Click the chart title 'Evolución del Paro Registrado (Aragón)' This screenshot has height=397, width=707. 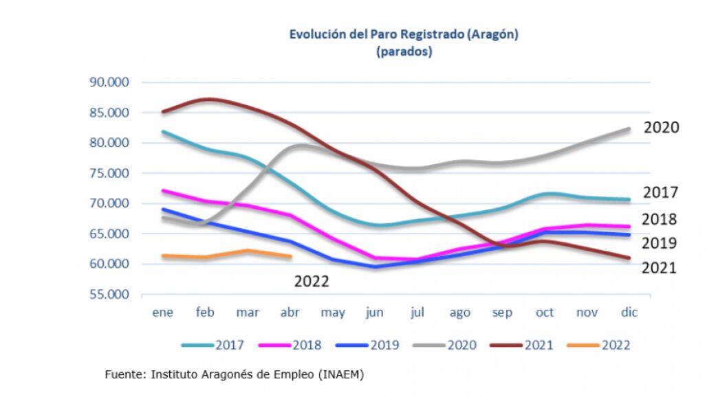click(x=403, y=34)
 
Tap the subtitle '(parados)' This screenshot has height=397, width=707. click(x=404, y=52)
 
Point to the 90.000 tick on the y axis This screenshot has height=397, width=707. click(x=110, y=82)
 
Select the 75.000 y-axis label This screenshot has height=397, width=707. click(x=110, y=173)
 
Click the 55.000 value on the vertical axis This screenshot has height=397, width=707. click(x=110, y=294)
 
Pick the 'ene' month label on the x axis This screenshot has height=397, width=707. click(x=162, y=313)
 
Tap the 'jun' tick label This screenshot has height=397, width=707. click(x=375, y=313)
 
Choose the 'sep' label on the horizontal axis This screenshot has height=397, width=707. click(x=502, y=313)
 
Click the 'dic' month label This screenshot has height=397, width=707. click(x=629, y=313)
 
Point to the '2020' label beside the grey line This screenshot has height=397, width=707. click(x=662, y=128)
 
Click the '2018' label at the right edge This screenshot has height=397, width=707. click(x=660, y=220)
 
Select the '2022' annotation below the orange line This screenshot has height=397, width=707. click(x=312, y=282)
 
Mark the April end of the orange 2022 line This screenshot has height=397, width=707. click(x=290, y=257)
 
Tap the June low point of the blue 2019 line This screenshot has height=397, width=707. click(x=375, y=266)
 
